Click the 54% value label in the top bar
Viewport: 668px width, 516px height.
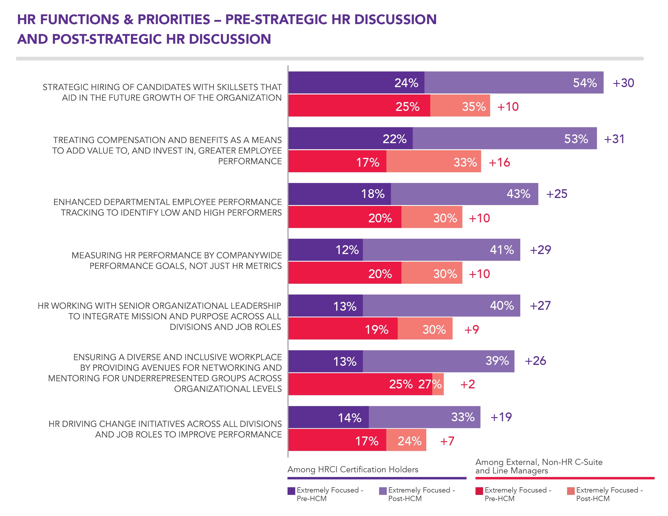(x=584, y=83)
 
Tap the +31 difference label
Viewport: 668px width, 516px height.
(x=614, y=139)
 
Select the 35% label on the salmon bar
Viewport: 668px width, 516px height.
(x=474, y=107)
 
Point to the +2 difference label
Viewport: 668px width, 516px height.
(x=467, y=384)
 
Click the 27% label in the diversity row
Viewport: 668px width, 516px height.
(x=430, y=384)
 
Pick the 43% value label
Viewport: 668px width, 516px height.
(x=518, y=194)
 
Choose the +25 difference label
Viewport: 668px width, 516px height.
(x=557, y=194)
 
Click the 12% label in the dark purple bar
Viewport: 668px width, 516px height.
(x=347, y=250)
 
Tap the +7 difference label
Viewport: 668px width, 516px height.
(x=447, y=441)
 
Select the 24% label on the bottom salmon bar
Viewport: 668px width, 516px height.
(x=409, y=441)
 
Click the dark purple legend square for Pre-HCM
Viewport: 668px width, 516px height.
(x=291, y=491)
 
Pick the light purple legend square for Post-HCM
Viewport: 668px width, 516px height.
(x=383, y=491)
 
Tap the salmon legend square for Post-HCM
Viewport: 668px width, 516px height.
(x=570, y=491)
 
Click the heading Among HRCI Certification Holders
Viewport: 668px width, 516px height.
(x=353, y=469)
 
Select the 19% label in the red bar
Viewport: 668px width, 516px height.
(x=376, y=330)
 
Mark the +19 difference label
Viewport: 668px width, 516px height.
(x=501, y=417)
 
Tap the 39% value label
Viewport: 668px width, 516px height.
(x=497, y=361)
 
